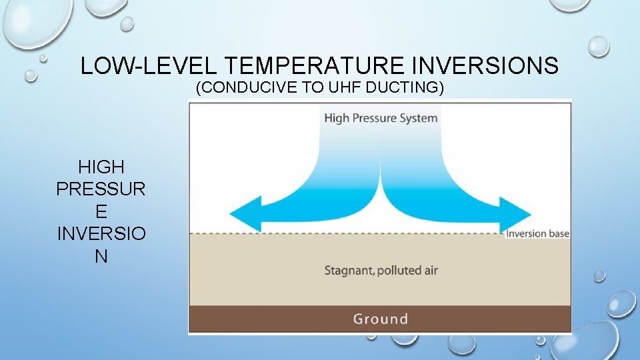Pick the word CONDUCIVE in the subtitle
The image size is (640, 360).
click(x=251, y=88)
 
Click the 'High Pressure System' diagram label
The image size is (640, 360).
click(x=381, y=118)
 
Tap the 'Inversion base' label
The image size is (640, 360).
click(x=537, y=233)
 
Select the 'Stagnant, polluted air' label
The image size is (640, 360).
click(x=381, y=271)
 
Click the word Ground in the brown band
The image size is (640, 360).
click(x=380, y=319)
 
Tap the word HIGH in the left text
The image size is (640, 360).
click(x=101, y=167)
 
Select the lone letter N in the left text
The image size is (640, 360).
click(x=101, y=257)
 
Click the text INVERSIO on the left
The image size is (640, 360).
click(x=101, y=234)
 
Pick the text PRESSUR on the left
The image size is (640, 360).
click(x=101, y=189)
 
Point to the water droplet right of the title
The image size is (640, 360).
click(x=599, y=46)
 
